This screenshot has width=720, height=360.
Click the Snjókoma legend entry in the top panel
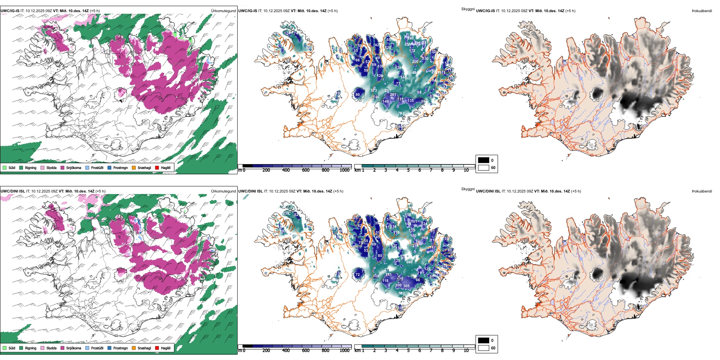(x=74, y=167)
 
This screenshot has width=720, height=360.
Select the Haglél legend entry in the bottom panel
(x=165, y=348)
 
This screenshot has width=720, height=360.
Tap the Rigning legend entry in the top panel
(x=30, y=167)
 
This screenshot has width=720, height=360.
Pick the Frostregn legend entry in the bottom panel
(x=120, y=348)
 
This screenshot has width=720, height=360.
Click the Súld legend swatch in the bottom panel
(x=5, y=348)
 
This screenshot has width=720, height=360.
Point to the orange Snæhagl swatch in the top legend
(x=134, y=167)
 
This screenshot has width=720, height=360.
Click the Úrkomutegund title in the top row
(x=223, y=11)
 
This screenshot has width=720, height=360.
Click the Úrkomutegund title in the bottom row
(x=223, y=191)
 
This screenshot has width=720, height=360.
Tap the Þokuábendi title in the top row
(x=702, y=11)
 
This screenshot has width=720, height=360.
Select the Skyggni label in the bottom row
(x=468, y=189)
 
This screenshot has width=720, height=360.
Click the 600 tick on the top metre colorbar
(x=306, y=170)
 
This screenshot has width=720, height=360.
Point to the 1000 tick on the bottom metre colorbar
(x=344, y=351)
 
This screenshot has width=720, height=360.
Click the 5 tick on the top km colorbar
(x=408, y=170)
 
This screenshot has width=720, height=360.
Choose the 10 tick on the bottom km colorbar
(x=466, y=351)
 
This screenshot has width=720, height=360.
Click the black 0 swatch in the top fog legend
(x=484, y=160)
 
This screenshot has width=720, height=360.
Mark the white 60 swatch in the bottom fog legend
(x=484, y=348)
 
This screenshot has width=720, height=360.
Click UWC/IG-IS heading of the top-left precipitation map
(x=10, y=11)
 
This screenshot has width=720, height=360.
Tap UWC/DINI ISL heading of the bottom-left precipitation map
(x=13, y=191)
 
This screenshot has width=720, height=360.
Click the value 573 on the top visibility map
(x=374, y=91)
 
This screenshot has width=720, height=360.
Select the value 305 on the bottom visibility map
(x=406, y=286)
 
